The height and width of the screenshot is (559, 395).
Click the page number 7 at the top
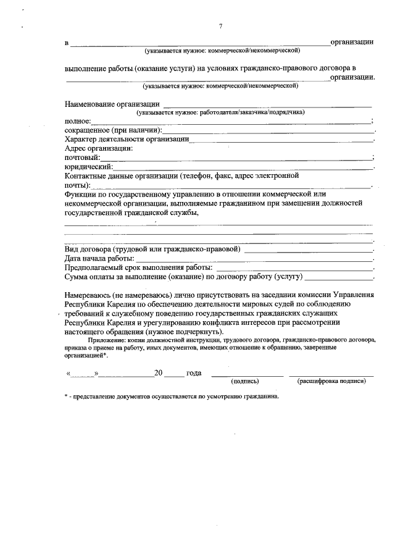(x=220, y=25)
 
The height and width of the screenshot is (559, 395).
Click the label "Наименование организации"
(x=112, y=104)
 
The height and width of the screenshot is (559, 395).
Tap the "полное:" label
(x=78, y=122)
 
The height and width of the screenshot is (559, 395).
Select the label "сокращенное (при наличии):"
(x=113, y=130)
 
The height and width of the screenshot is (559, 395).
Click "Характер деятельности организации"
(x=127, y=140)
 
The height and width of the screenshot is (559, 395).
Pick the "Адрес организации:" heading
(x=99, y=148)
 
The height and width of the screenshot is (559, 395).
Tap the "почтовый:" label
(x=83, y=158)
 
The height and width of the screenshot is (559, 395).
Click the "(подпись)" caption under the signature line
(x=245, y=382)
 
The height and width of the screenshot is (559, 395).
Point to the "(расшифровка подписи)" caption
(x=331, y=382)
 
